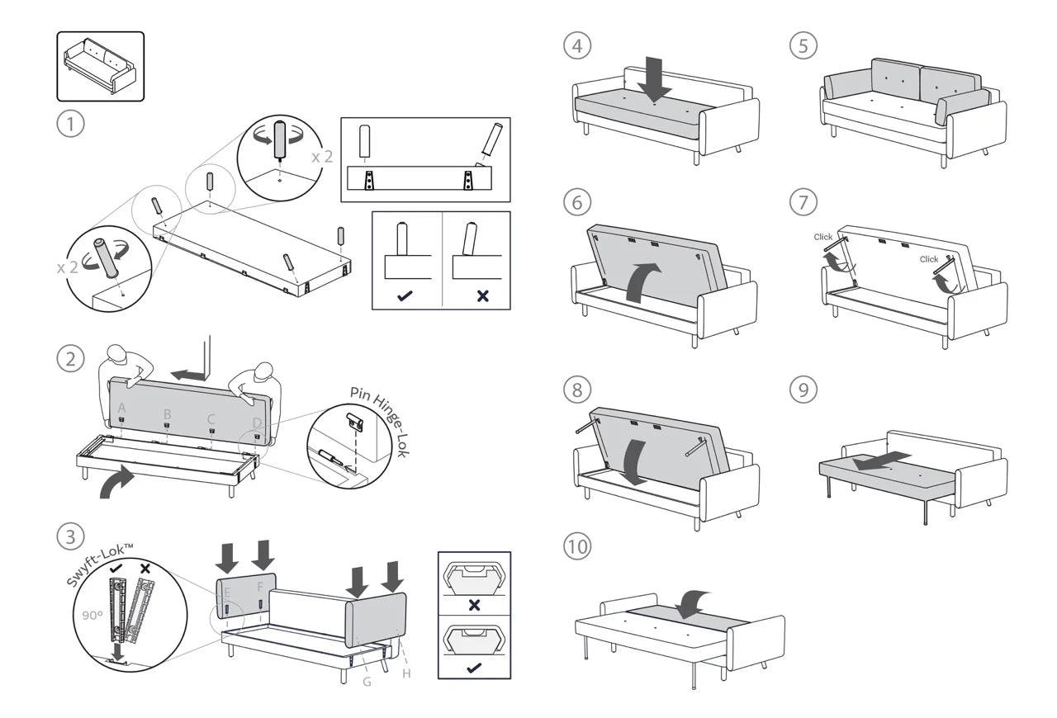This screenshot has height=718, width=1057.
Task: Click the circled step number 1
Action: (x=71, y=125)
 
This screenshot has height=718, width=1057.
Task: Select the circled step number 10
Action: (x=578, y=546)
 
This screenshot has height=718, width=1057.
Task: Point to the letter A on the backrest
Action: (x=122, y=408)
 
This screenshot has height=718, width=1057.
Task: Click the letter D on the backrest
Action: (x=257, y=423)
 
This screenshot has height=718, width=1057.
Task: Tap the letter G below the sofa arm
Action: (x=367, y=682)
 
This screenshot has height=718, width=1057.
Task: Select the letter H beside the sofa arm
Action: (x=406, y=673)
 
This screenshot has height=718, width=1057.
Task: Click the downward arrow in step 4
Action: (x=655, y=77)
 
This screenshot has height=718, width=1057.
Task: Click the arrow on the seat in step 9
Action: (x=882, y=461)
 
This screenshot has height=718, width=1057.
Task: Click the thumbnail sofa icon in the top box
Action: (x=100, y=66)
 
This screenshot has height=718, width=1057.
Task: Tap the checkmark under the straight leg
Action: (x=405, y=295)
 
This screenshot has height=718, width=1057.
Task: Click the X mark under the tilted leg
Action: (x=482, y=295)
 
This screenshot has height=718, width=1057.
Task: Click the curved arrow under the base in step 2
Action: (x=118, y=481)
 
